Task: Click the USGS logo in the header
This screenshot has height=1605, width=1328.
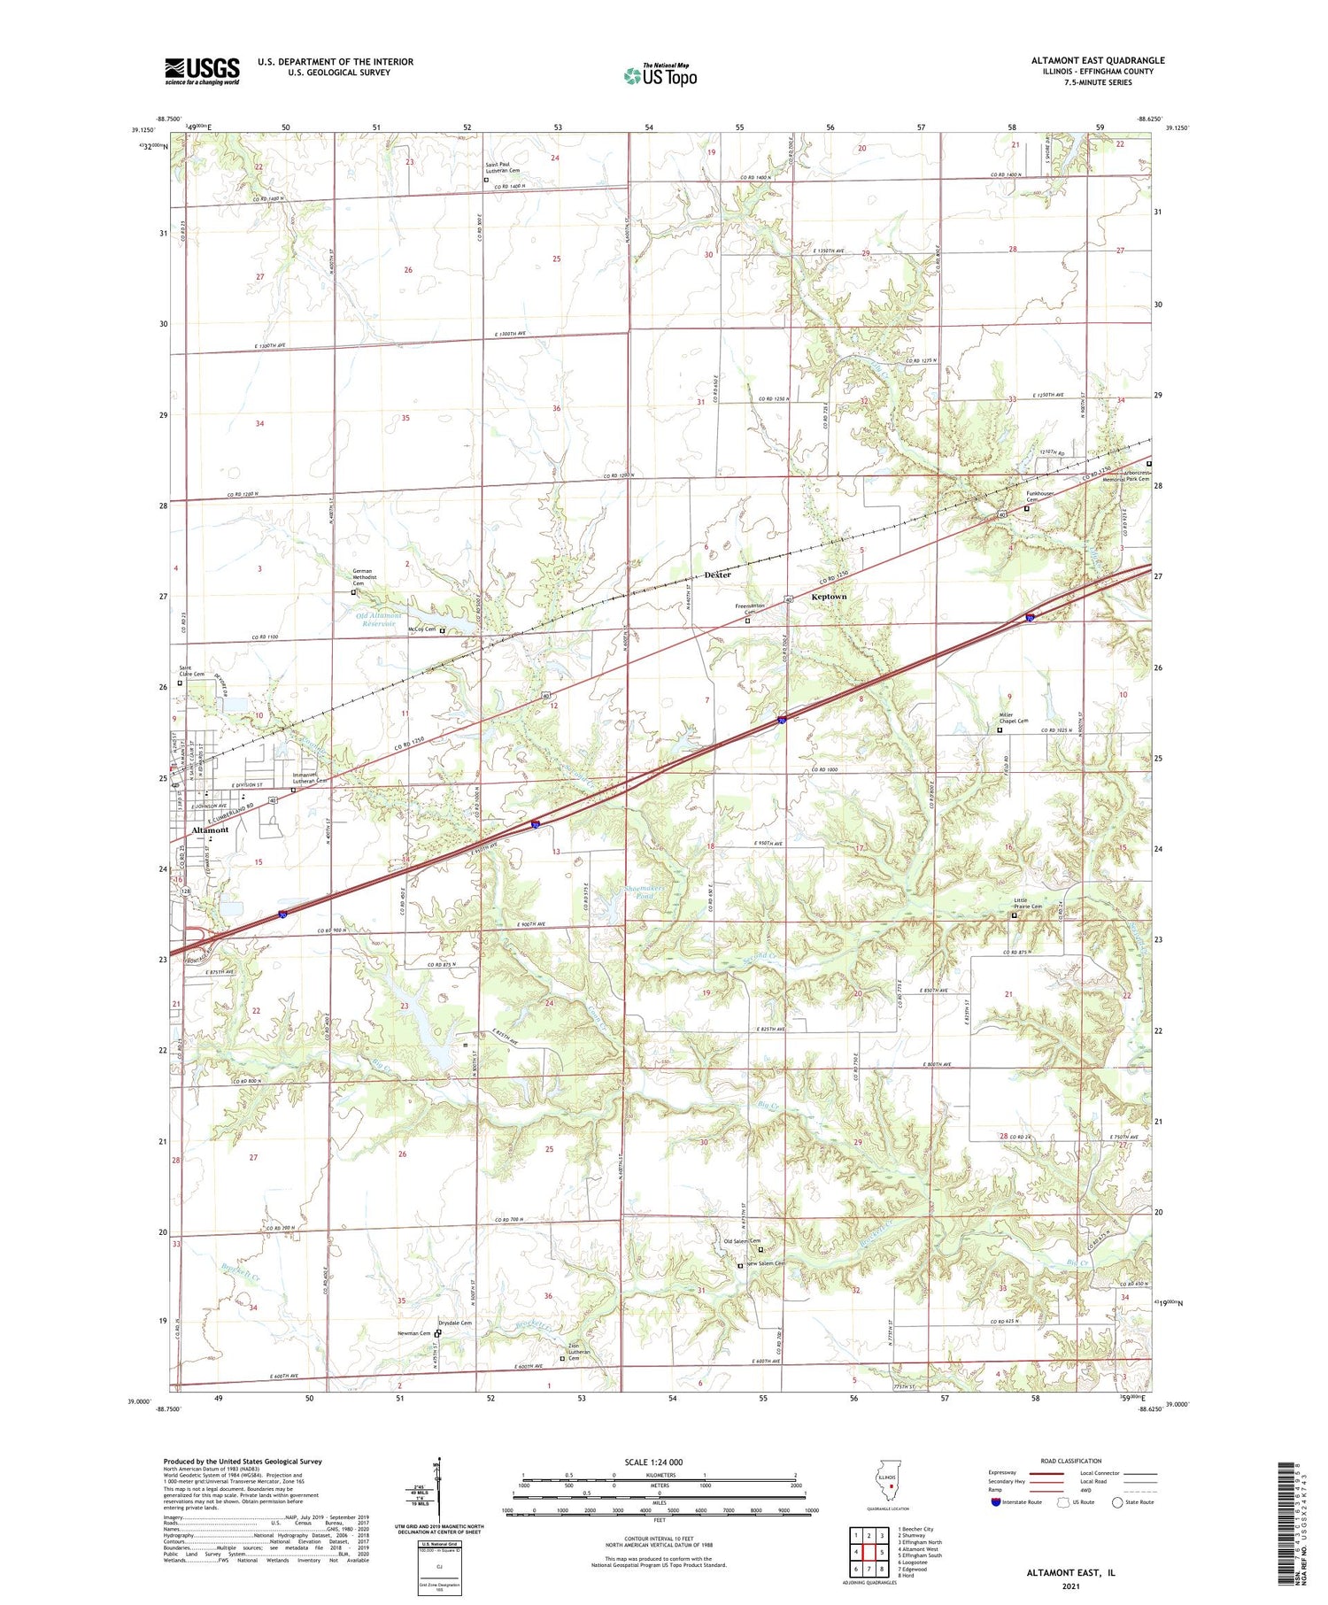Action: coord(202,71)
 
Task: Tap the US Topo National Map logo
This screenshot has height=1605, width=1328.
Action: coord(660,75)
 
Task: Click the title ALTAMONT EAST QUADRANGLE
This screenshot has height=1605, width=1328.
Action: coord(1097,60)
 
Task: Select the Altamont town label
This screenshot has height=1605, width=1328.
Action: coord(211,830)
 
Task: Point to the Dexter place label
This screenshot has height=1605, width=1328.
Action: coord(717,575)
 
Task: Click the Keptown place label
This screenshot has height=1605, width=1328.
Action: coord(829,597)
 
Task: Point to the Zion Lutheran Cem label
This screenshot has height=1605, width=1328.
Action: coord(579,1352)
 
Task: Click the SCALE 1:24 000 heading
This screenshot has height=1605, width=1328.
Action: coord(653,1462)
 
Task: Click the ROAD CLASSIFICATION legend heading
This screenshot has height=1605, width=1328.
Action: coord(1071,1461)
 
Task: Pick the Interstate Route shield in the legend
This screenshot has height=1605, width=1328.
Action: coord(998,1502)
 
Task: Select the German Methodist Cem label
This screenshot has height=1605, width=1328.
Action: coord(363,577)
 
